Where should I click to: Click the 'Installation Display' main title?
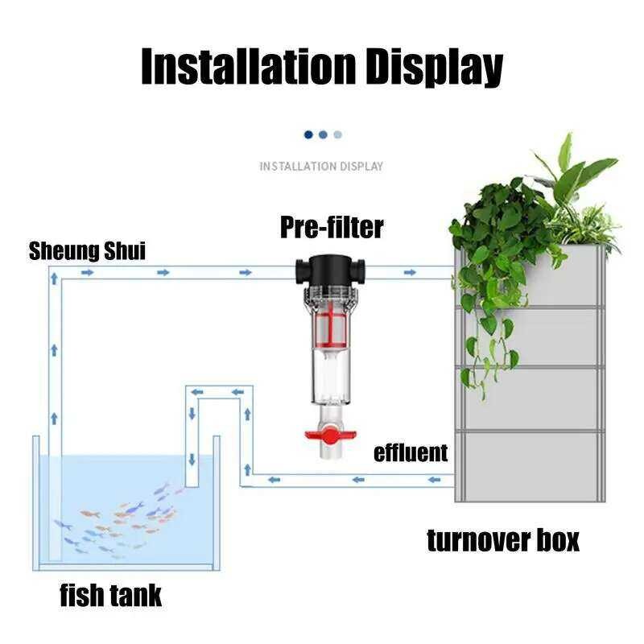point(322,66)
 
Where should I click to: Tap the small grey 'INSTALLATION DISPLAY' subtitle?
point(321,167)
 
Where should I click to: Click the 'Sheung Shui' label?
point(87,250)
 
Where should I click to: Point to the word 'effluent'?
point(411,452)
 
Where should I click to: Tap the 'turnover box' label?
point(503,539)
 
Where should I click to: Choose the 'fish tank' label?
point(111,595)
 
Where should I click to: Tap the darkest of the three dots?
point(308,134)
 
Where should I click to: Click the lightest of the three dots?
point(338,134)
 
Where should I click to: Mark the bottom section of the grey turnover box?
point(529,467)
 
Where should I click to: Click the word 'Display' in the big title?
point(435,66)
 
